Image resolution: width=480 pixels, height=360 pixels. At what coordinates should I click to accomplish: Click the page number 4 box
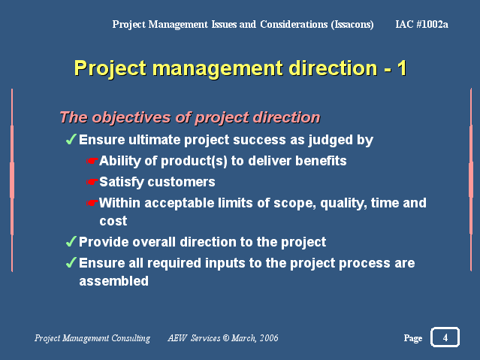(x=445, y=337)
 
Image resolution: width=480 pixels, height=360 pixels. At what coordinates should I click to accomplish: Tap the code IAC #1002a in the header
(x=422, y=24)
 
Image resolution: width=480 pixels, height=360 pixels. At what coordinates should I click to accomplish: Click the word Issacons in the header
(x=352, y=25)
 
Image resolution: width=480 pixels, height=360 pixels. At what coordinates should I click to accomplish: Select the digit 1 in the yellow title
(x=402, y=68)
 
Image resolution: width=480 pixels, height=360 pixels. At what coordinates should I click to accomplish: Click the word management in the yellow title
(x=218, y=68)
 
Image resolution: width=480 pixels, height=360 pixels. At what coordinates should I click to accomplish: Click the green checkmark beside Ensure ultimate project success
(x=71, y=139)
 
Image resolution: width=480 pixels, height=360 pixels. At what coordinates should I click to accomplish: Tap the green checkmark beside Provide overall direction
(x=71, y=241)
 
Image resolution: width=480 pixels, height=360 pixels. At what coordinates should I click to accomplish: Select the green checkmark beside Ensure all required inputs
(x=71, y=262)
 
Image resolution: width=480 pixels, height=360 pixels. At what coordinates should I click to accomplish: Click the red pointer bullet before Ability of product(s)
(x=92, y=161)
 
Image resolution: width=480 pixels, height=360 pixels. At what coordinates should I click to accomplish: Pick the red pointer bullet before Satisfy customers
(x=92, y=182)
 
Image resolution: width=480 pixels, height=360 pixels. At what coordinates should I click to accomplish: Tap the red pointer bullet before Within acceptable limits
(x=92, y=202)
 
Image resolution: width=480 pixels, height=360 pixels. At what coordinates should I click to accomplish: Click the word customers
(x=181, y=182)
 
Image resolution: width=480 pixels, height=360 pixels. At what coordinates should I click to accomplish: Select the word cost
(x=113, y=221)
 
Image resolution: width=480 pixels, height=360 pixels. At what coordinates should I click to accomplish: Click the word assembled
(x=114, y=281)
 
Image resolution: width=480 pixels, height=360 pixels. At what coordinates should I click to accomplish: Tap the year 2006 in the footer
(x=269, y=338)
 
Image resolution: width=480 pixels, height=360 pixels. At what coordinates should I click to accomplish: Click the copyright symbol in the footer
(x=226, y=338)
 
